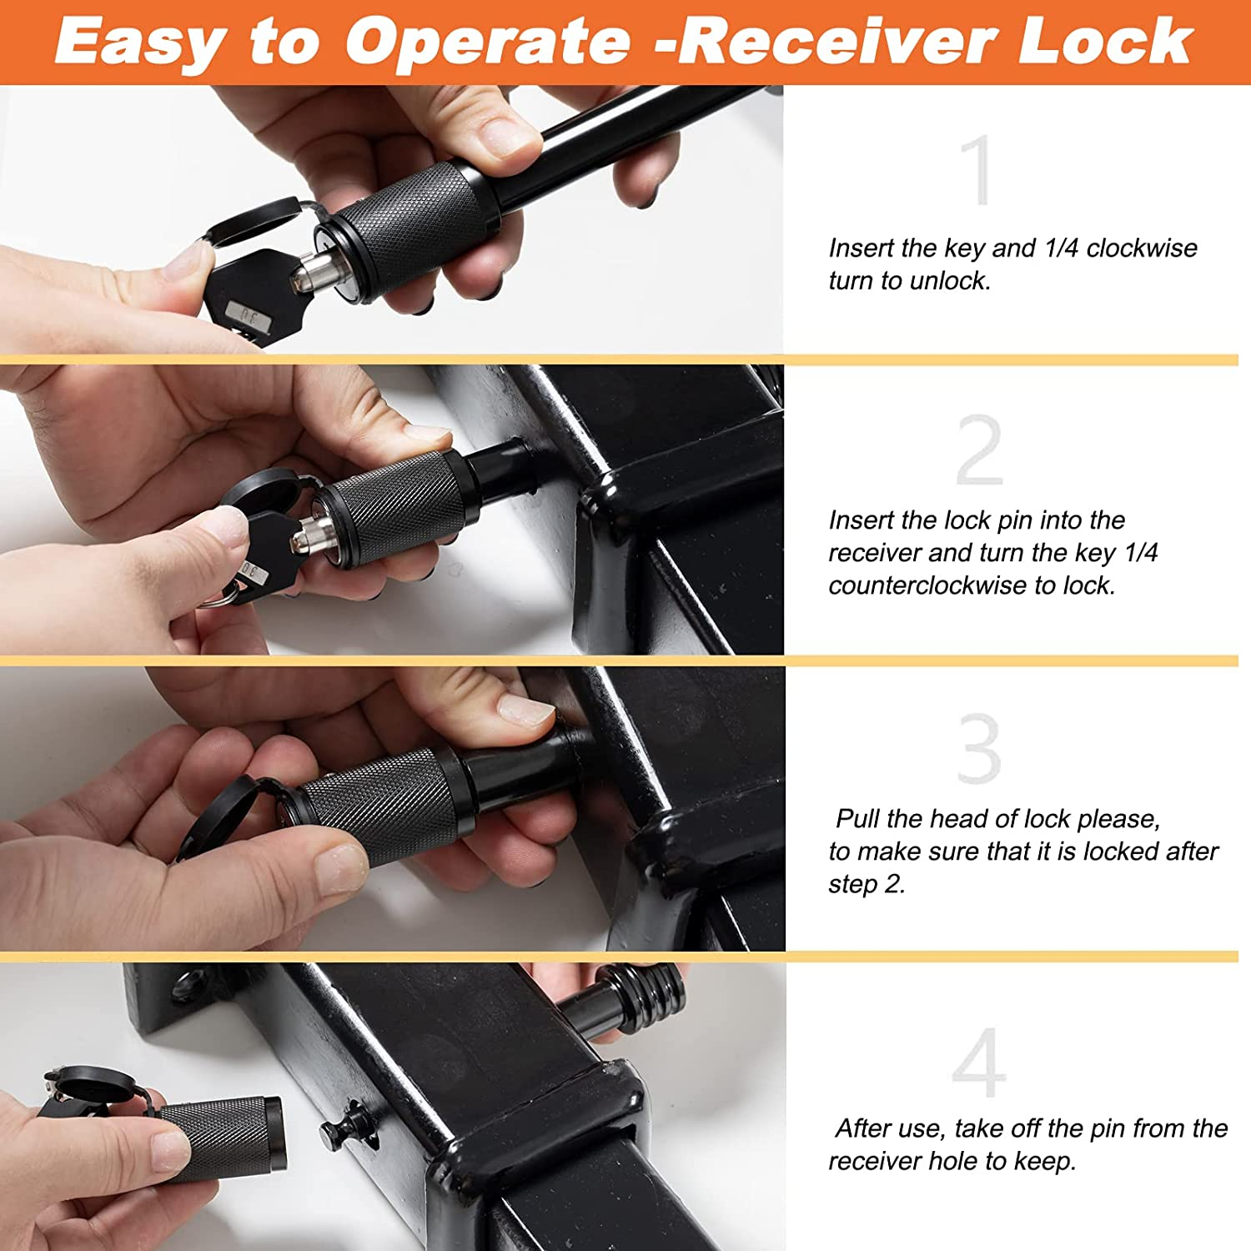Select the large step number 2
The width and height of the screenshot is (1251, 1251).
tap(979, 450)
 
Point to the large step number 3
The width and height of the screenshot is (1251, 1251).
tap(979, 748)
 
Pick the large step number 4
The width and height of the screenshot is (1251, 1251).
tap(979, 1063)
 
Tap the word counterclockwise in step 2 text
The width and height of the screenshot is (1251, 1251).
tap(927, 585)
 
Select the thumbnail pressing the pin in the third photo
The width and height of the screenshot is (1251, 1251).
tap(525, 709)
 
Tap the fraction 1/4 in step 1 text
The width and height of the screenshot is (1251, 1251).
tap(1062, 248)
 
